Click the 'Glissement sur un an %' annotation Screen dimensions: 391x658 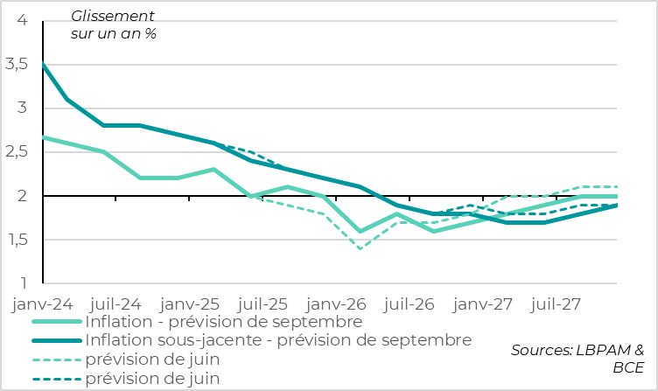(x=113, y=24)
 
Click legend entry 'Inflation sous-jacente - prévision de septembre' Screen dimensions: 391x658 (x=278, y=339)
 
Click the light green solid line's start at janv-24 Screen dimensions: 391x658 (x=44, y=137)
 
